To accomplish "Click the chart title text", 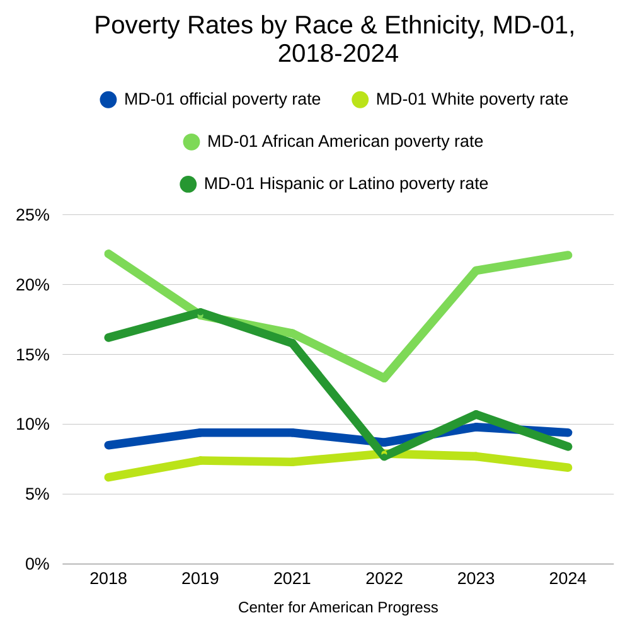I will tap(335, 39).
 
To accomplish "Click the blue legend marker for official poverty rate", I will tap(108, 100).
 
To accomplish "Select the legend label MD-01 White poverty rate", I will tap(472, 100).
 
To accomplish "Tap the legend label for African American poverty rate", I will tap(345, 142).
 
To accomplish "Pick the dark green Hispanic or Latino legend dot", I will tap(188, 184).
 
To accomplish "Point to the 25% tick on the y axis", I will tap(32, 215).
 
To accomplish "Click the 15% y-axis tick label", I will tap(32, 355).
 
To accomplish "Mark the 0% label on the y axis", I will tap(37, 564).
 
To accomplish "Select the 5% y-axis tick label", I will tap(37, 494).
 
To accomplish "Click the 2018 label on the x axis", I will tap(108, 578).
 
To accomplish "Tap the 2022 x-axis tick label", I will tap(384, 578).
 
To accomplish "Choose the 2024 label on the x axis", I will tap(568, 578).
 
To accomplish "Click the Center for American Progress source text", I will tap(338, 608).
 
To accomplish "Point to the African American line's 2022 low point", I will tap(384, 377).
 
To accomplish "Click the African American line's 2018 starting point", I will tap(108, 254).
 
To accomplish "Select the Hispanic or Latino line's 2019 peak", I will tap(200, 312).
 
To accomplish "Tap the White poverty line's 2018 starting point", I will tap(108, 477).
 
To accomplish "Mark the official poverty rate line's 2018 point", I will tap(108, 445).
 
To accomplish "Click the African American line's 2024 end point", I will tap(568, 255).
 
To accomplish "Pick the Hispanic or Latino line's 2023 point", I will tap(476, 415).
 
